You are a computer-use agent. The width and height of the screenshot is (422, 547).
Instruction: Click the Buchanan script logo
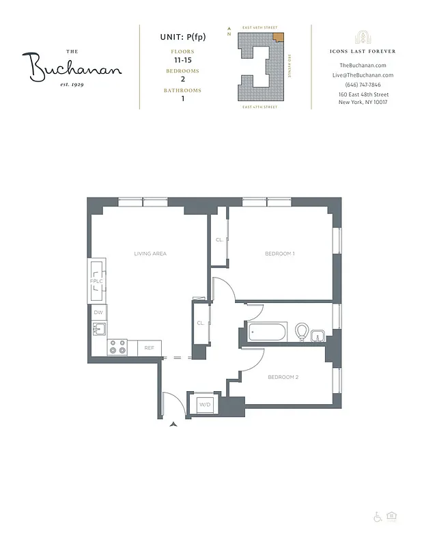pyautogui.click(x=75, y=67)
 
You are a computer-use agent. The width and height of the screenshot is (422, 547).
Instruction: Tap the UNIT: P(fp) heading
pyautogui.click(x=182, y=37)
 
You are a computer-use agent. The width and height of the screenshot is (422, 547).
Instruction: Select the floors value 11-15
pyautogui.click(x=182, y=60)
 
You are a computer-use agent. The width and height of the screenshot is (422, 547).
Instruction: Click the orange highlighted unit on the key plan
pyautogui.click(x=277, y=38)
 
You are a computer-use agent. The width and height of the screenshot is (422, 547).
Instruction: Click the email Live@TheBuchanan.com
pyautogui.click(x=363, y=75)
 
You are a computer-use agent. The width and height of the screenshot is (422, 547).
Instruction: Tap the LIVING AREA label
pyautogui.click(x=150, y=254)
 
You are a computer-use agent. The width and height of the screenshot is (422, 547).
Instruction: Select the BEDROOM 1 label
pyautogui.click(x=280, y=254)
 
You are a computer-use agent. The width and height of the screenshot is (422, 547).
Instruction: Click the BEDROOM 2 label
pyautogui.click(x=283, y=377)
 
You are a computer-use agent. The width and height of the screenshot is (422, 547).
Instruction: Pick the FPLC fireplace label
pyautogui.click(x=96, y=282)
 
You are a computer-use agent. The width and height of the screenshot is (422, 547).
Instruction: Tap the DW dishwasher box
pyautogui.click(x=98, y=312)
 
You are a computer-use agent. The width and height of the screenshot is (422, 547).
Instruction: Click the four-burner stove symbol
pyautogui.click(x=117, y=347)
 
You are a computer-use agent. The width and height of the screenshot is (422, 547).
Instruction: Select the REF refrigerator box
pyautogui.click(x=149, y=348)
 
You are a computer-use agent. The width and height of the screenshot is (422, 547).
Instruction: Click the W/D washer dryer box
pyautogui.click(x=204, y=405)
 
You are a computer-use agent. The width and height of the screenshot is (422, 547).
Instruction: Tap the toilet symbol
pyautogui.click(x=301, y=333)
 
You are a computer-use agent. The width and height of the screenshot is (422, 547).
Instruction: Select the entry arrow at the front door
pyautogui.click(x=173, y=425)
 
